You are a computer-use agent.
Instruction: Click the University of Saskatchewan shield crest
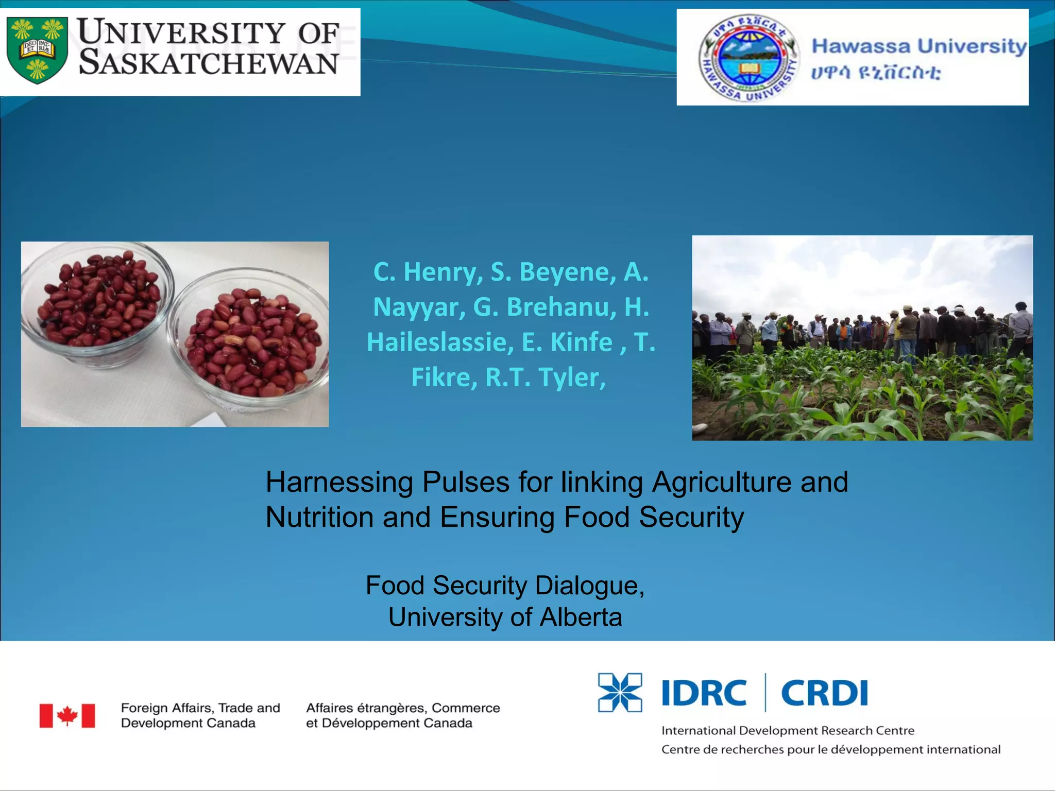point(38,50)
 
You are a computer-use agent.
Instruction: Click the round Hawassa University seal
point(748,58)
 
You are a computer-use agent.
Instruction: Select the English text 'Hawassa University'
point(920,46)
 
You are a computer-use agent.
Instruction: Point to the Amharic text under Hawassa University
point(876,72)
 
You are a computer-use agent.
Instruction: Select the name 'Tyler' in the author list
point(572,378)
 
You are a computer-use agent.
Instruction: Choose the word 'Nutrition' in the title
point(319,517)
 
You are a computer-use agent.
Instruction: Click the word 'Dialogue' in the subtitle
point(590,586)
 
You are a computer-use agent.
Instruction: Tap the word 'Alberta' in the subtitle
point(581,617)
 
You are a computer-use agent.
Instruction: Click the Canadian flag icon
point(67,716)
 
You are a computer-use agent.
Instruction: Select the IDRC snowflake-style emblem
point(620,693)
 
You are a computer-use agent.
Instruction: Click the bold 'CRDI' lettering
point(825,693)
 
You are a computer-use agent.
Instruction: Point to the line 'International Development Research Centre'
point(788,730)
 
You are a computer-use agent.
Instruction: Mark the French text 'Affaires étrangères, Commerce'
point(403,708)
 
